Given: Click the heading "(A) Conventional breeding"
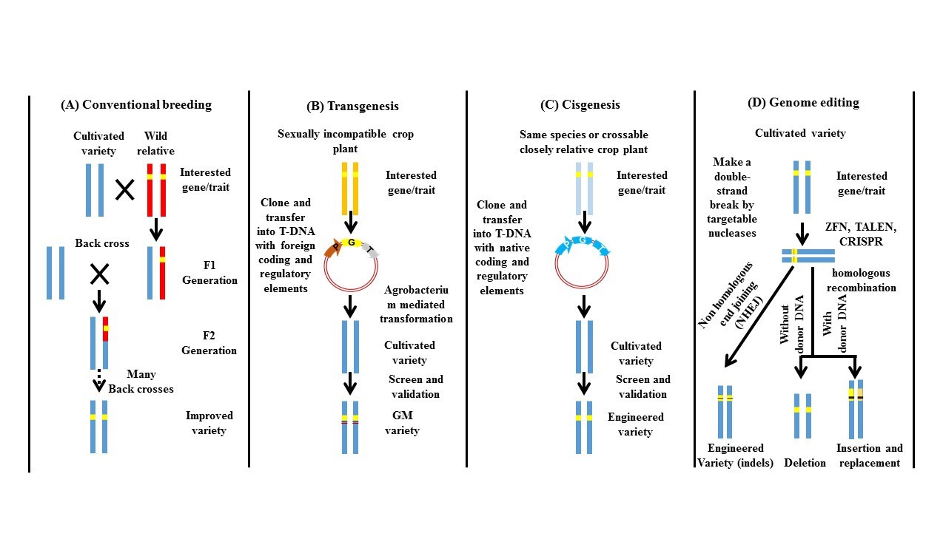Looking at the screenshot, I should pyautogui.click(x=135, y=105).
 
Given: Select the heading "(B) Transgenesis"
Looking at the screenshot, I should pyautogui.click(x=352, y=106).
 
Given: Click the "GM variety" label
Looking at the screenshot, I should pyautogui.click(x=403, y=423).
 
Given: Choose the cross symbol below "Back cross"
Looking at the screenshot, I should pyautogui.click(x=99, y=275).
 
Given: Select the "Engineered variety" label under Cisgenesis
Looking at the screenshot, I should pyautogui.click(x=637, y=424).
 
